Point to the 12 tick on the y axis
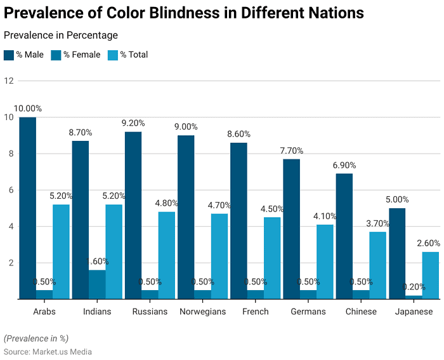[9, 81]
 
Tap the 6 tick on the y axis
[9, 190]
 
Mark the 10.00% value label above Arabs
[28, 109]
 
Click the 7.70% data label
[291, 150]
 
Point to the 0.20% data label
[414, 287]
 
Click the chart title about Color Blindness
[184, 13]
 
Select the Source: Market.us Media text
[48, 351]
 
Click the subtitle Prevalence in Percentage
[61, 36]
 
